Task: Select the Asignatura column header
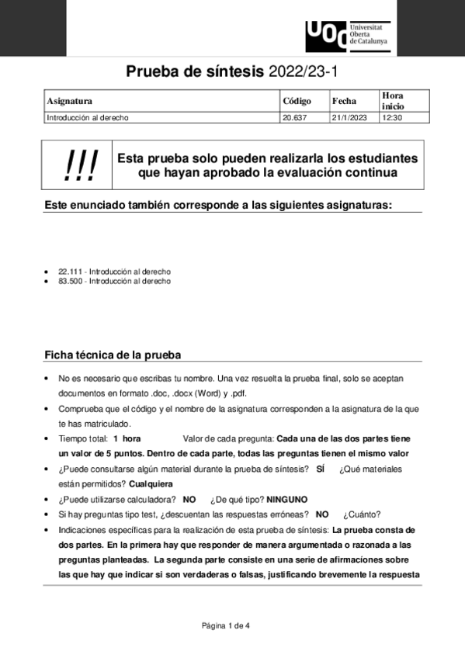[x=70, y=101]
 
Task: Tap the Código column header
[x=297, y=101]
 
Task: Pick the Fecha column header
[x=344, y=101]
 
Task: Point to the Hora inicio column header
[x=393, y=100]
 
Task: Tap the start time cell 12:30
[x=392, y=118]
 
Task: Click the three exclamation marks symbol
[x=79, y=164]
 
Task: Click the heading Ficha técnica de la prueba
[x=113, y=355]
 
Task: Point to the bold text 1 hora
[x=127, y=438]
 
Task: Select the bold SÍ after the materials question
[x=321, y=469]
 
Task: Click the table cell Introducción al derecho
[x=88, y=118]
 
